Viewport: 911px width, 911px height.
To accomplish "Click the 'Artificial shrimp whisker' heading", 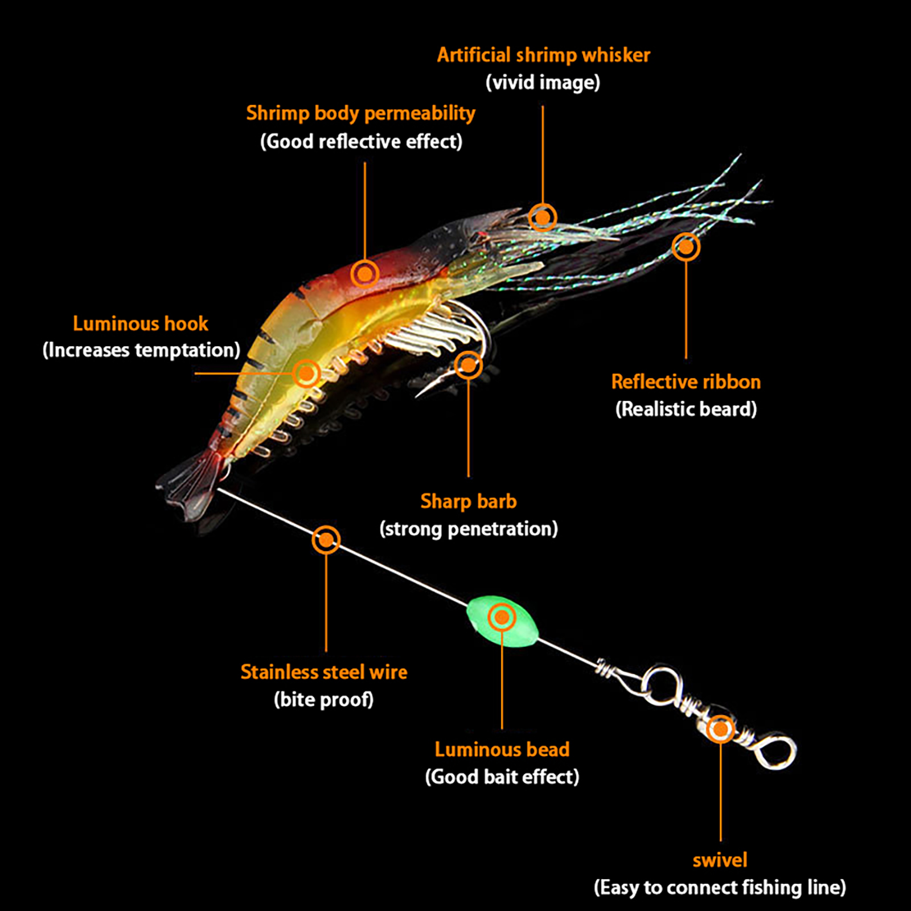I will coord(543,55).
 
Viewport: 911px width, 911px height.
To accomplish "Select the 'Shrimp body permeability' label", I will coord(360,113).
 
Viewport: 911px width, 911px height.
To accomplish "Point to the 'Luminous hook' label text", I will coord(140,324).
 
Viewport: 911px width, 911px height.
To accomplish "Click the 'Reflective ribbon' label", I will coord(686,382).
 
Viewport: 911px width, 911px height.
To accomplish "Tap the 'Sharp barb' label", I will coord(468,502).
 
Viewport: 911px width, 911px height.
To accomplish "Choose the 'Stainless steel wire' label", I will coord(323,672).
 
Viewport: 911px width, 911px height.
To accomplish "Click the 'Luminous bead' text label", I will coord(502,750).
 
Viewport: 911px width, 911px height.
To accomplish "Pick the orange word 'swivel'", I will coord(720,860).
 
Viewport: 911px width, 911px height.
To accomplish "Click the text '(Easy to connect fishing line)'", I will coord(720,888).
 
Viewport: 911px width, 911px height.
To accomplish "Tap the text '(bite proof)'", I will coord(323,700).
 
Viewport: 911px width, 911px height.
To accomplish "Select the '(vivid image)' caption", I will coord(543,83).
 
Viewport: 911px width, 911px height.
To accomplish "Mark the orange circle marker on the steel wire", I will coord(326,540).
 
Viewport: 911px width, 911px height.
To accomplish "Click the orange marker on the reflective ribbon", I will coord(686,247).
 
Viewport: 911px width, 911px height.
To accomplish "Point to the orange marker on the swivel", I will coord(720,729).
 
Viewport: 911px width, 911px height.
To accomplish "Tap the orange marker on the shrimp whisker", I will coord(543,217).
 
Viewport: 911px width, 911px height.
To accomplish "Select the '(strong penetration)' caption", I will coord(468,529).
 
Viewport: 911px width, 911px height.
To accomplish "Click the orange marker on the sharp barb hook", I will coord(468,365).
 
